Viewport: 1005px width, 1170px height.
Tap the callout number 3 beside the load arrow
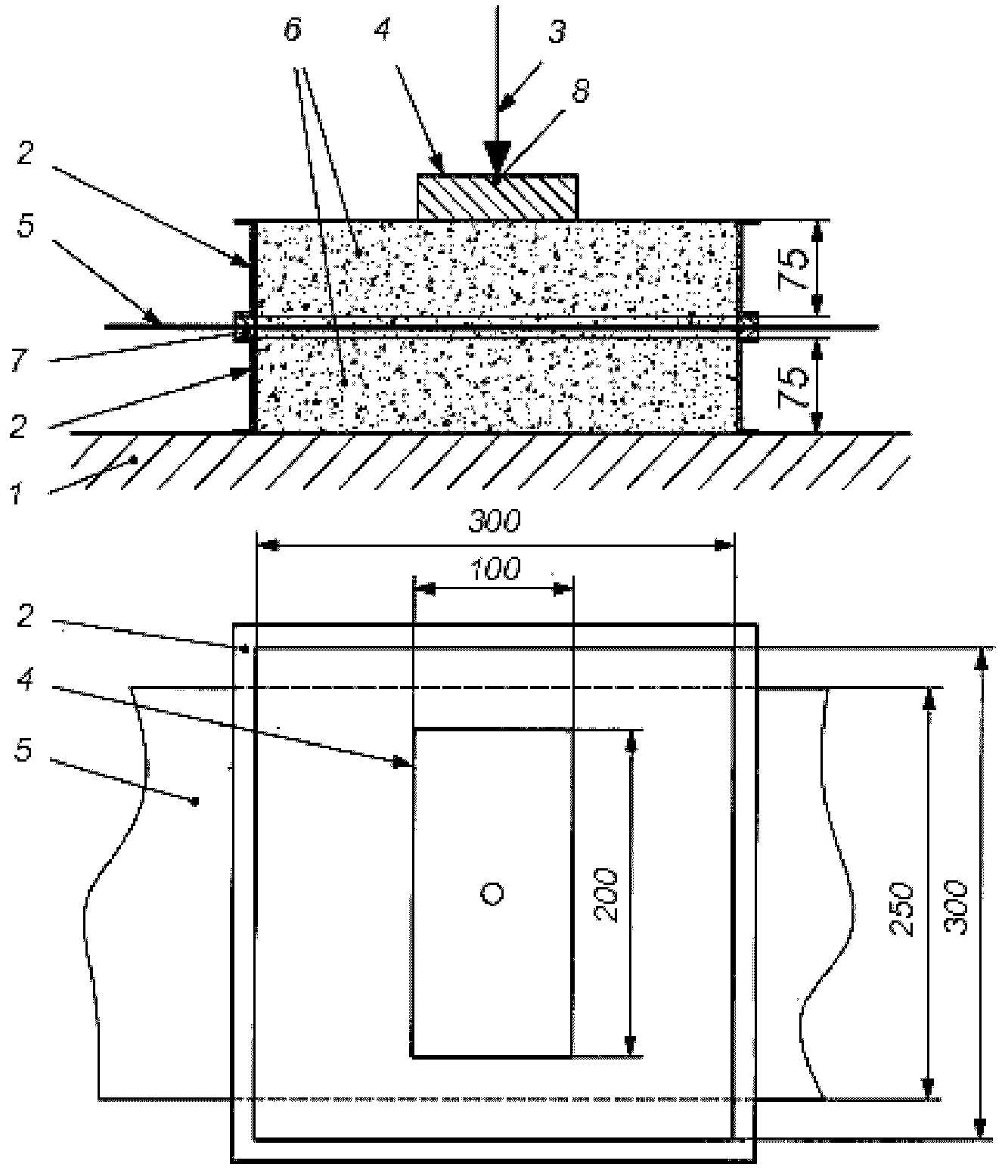pyautogui.click(x=557, y=33)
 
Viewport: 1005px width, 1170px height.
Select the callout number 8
pyautogui.click(x=580, y=91)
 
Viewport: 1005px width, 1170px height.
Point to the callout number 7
pyautogui.click(x=19, y=360)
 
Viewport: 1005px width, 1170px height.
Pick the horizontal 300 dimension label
pyautogui.click(x=494, y=521)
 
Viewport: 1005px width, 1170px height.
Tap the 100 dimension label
pyautogui.click(x=494, y=569)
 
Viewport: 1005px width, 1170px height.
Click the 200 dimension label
pyautogui.click(x=606, y=895)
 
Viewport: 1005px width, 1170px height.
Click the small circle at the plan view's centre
pyautogui.click(x=492, y=894)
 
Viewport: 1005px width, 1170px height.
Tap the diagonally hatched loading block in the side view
pyautogui.click(x=498, y=197)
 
